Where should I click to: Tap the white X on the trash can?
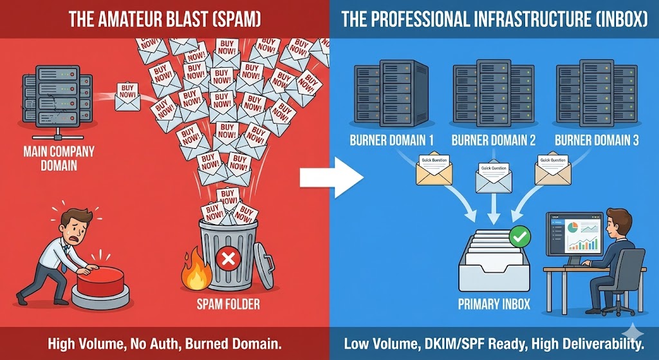click(227, 260)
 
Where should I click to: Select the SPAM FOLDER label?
click(228, 303)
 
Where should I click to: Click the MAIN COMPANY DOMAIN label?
click(59, 158)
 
